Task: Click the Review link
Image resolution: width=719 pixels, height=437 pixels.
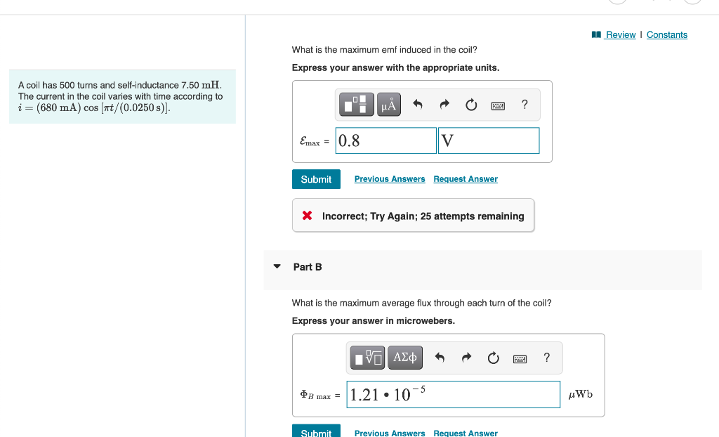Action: (620, 35)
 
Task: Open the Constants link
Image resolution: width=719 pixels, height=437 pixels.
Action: (667, 35)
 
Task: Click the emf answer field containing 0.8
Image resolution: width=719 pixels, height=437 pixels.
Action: (385, 141)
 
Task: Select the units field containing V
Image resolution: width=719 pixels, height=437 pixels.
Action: (489, 141)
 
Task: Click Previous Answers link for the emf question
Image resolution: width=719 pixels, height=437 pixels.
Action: (390, 179)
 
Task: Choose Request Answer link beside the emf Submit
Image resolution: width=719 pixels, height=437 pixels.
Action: (466, 179)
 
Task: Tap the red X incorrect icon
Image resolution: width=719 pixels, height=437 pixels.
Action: (307, 216)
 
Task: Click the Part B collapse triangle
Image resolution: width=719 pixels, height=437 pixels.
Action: (277, 267)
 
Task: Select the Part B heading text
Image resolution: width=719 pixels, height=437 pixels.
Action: (308, 267)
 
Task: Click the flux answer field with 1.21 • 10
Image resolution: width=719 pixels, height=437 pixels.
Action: (454, 394)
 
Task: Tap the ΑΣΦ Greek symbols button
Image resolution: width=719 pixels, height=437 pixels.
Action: (405, 358)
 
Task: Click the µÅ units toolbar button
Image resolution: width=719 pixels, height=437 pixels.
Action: (389, 105)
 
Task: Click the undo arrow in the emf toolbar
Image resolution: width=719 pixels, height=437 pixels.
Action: (417, 105)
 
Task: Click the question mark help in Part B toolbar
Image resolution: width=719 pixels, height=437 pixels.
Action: (546, 358)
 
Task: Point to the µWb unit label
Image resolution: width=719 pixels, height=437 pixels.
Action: (581, 394)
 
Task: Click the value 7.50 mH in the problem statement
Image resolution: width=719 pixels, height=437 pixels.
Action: (201, 85)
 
